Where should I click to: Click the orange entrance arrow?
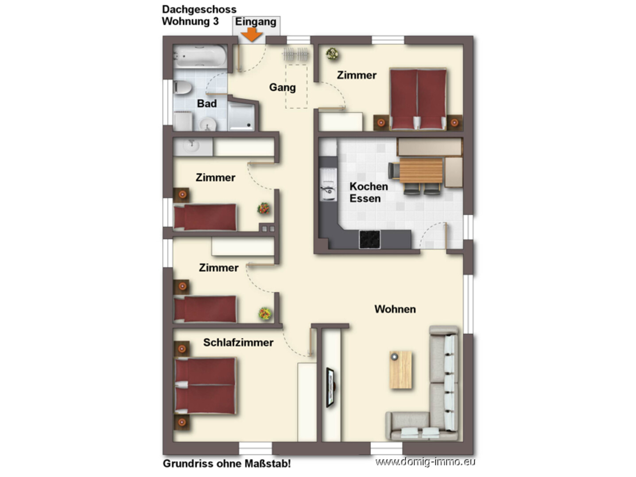coord(252,35)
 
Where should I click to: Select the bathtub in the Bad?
coord(200,56)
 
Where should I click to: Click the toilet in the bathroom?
coord(182,87)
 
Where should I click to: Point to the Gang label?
coord(282,87)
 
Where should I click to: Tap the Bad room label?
coord(206,103)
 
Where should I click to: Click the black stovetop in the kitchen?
coord(369,239)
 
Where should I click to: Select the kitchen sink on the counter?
coord(328,185)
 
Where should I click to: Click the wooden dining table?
coord(421,170)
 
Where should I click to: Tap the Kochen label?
coord(368,186)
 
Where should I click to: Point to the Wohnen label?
coord(395,309)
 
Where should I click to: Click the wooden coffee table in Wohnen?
coord(401,370)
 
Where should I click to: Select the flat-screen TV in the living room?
coord(330,387)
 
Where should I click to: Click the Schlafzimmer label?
coord(238,342)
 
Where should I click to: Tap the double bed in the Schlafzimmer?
coord(205,386)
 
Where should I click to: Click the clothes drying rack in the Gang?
coord(295,54)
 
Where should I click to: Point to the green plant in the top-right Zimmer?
coord(332,54)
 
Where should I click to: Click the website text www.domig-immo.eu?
coord(425,461)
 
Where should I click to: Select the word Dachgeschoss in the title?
coord(199,10)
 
